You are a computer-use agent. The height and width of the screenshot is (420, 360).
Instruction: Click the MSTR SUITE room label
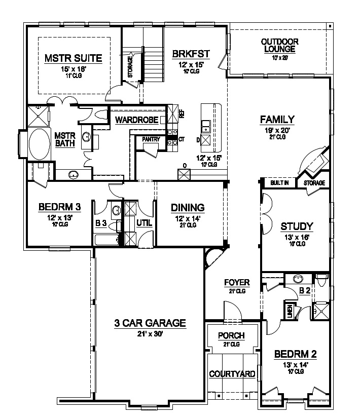(x=74, y=58)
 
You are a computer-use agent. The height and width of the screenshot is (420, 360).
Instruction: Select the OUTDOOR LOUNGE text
(x=279, y=46)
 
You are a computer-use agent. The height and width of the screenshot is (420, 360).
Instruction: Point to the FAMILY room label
(x=277, y=120)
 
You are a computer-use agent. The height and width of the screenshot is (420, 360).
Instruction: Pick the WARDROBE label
(x=135, y=120)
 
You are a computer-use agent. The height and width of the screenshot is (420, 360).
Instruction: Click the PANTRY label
(x=151, y=139)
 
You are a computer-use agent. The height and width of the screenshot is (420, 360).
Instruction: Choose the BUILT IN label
(x=279, y=183)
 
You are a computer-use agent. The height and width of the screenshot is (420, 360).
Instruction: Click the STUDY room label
(x=297, y=226)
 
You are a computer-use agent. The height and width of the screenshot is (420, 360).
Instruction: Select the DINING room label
(x=187, y=207)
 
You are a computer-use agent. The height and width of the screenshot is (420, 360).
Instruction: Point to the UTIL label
(x=143, y=222)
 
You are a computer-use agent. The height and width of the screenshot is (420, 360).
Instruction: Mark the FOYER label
(x=237, y=282)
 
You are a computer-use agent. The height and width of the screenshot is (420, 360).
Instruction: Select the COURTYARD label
(x=232, y=374)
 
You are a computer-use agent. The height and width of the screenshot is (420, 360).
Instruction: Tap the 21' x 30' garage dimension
(x=150, y=333)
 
